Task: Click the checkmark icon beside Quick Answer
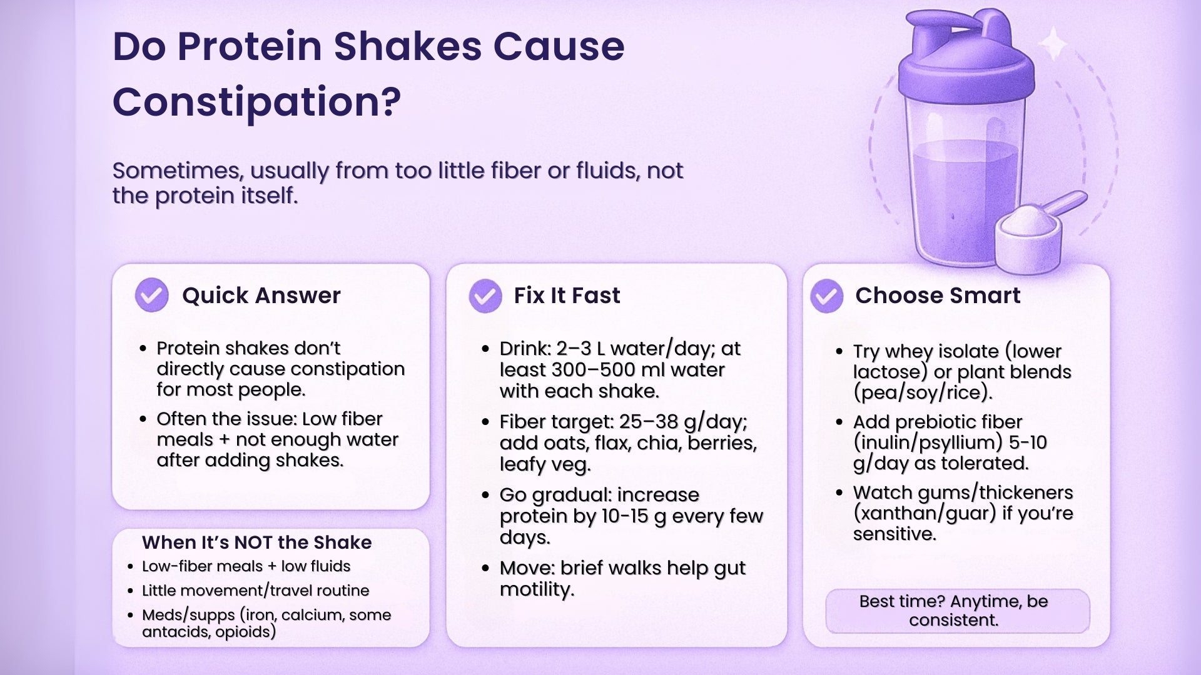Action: click(x=152, y=295)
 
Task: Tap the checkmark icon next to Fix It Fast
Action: click(x=485, y=296)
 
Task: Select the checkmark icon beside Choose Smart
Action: click(x=826, y=296)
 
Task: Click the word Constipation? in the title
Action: click(x=256, y=102)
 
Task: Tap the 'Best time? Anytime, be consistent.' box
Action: click(x=957, y=611)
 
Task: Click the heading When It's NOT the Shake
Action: click(x=256, y=542)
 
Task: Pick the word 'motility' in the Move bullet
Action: click(x=535, y=589)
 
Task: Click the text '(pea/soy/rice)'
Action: click(x=922, y=392)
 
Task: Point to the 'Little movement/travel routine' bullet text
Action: click(x=255, y=591)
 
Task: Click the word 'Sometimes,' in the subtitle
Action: click(x=177, y=171)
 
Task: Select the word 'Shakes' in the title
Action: click(x=407, y=47)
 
